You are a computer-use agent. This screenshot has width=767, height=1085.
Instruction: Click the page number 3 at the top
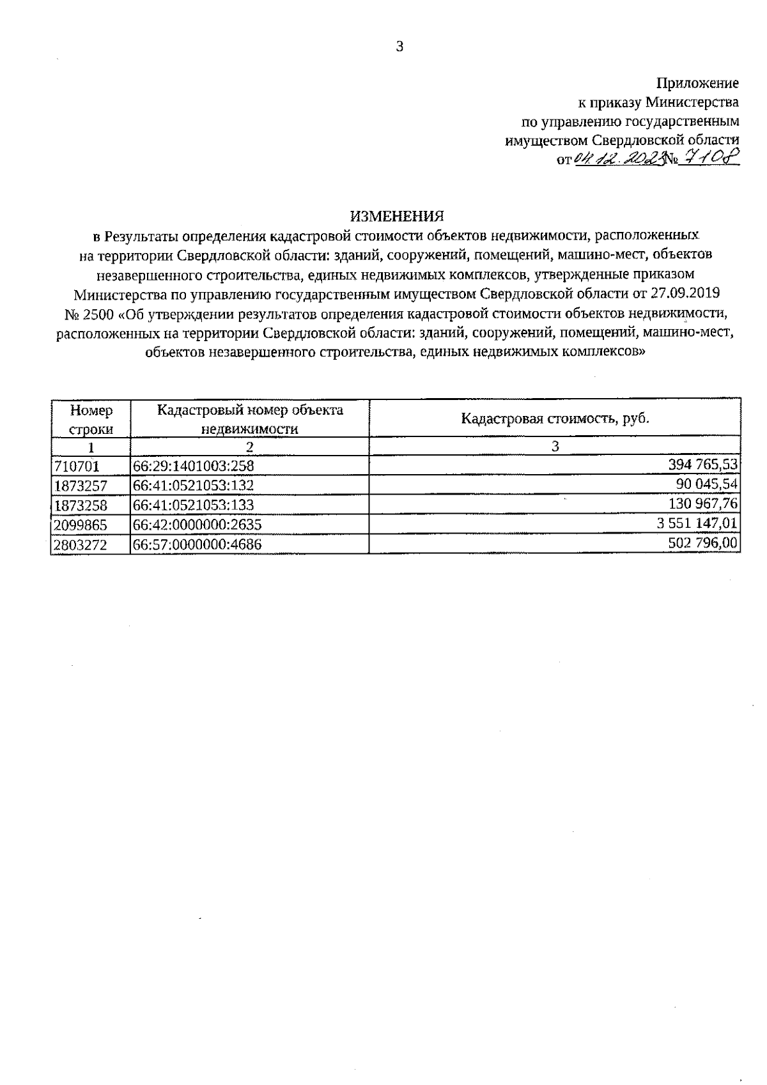pyautogui.click(x=399, y=46)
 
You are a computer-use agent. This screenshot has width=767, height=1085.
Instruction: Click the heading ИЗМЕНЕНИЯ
pyautogui.click(x=396, y=215)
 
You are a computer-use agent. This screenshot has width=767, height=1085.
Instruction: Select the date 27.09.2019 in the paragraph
pyautogui.click(x=687, y=294)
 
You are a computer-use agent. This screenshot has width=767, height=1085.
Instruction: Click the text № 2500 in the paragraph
pyautogui.click(x=90, y=314)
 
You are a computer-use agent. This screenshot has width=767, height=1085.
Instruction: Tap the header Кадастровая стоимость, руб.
pyautogui.click(x=555, y=419)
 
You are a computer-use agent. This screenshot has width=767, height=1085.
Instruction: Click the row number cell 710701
pyautogui.click(x=75, y=466)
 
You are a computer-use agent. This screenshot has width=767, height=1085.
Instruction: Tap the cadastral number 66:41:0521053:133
pyautogui.click(x=193, y=505)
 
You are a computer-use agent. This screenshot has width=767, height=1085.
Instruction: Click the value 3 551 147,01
pyautogui.click(x=697, y=523)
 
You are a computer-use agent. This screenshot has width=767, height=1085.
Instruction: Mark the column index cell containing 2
pyautogui.click(x=250, y=447)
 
